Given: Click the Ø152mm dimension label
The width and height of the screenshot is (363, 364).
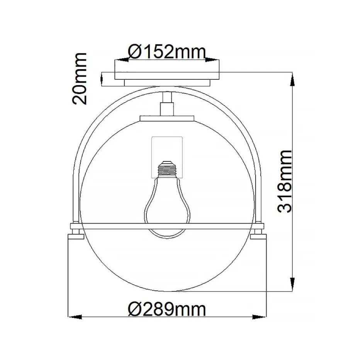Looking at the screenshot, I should coord(166,51).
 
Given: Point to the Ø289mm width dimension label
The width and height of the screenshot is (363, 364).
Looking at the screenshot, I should coord(166,309).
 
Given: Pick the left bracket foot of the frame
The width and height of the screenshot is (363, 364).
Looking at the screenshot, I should coord(75,234).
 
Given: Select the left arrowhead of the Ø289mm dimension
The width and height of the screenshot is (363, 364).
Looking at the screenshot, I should coord(76,317).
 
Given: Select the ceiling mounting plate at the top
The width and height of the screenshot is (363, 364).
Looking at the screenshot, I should coord(167,76).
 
